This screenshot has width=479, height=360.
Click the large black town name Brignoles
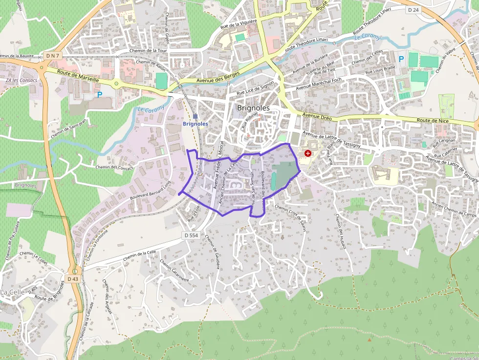point(253,108)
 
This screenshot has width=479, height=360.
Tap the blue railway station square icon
point(196,116)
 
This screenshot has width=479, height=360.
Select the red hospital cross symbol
point(307,153)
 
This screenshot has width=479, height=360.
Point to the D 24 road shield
point(413,9)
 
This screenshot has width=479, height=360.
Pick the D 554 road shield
point(192,235)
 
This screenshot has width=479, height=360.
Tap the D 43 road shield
point(73,279)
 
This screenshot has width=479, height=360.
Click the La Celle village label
point(10,292)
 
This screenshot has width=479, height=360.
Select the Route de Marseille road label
point(78,75)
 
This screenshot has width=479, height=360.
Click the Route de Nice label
point(432,121)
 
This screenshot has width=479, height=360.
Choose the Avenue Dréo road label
point(317,117)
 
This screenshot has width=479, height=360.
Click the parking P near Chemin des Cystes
point(401,59)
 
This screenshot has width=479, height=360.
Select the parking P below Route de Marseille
point(100,95)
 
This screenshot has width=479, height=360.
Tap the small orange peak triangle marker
point(370,339)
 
